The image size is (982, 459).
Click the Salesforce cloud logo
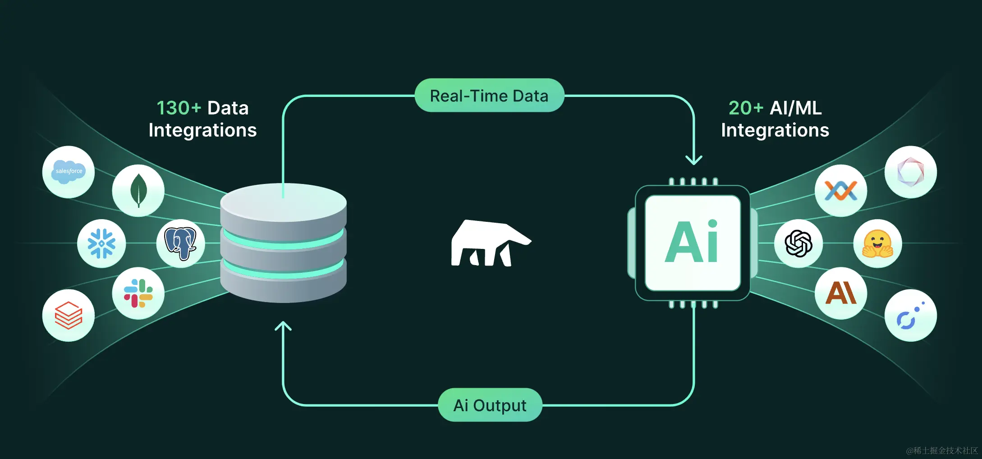point(69,171)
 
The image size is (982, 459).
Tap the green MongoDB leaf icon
point(138,190)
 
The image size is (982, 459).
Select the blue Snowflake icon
point(101,243)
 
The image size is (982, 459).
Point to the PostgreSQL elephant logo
point(180,243)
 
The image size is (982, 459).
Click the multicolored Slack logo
point(138,293)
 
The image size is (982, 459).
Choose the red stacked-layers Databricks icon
point(69,315)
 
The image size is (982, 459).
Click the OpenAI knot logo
point(798,243)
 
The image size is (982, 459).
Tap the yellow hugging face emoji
point(877,244)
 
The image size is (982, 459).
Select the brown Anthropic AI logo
point(840,293)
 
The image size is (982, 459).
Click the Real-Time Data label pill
point(489,96)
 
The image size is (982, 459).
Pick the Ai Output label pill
point(490,405)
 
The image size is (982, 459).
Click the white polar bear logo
point(489,243)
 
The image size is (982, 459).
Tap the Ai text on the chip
point(692,243)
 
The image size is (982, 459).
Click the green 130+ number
point(179,108)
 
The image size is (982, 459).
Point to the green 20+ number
point(746,108)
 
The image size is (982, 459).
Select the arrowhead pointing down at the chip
point(693,160)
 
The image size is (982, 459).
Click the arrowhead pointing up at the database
point(283,326)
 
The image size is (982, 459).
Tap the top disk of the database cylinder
point(283,202)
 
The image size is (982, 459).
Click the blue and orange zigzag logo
point(840,190)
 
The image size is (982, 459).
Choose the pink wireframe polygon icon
point(910,172)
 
